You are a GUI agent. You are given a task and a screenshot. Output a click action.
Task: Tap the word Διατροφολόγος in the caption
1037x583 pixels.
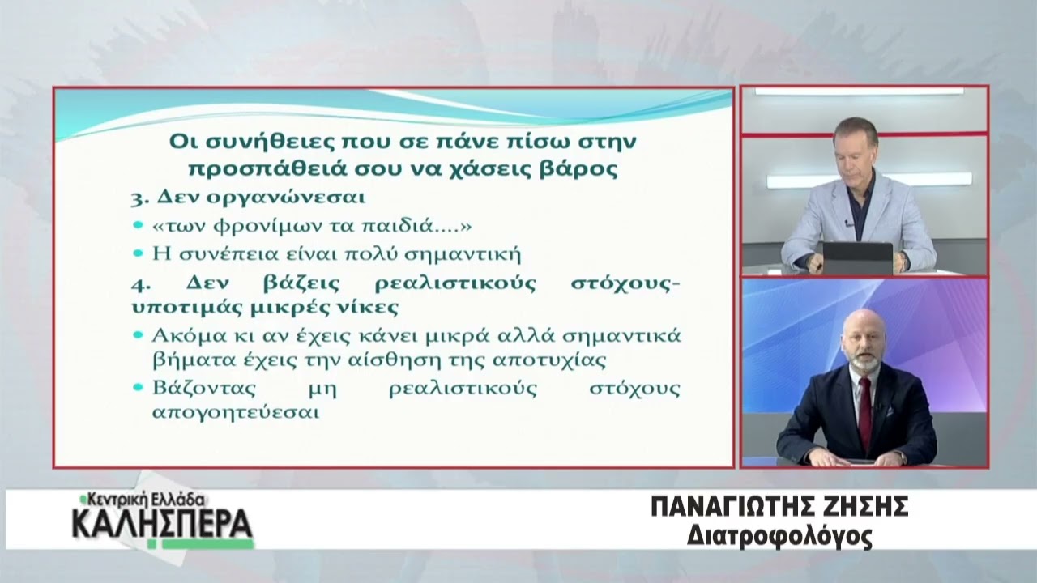[x=779, y=537]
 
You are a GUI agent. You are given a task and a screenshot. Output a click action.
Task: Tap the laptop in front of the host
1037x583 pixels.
[x=857, y=258]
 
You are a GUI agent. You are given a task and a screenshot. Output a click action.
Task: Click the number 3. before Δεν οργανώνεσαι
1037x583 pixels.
[x=139, y=199]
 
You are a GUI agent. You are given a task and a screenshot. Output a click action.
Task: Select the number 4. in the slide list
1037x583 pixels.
[x=140, y=285]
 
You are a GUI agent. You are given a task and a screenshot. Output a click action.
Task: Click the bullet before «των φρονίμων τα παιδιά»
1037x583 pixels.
[x=138, y=225]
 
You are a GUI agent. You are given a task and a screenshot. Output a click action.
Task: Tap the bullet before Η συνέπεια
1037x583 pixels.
[x=138, y=253]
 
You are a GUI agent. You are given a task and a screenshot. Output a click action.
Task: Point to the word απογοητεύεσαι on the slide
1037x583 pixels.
[x=236, y=412]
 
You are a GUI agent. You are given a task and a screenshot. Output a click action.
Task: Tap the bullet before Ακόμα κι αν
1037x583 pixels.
[x=138, y=334]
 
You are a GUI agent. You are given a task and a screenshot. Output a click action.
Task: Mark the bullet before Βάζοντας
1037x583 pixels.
[x=138, y=387]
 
